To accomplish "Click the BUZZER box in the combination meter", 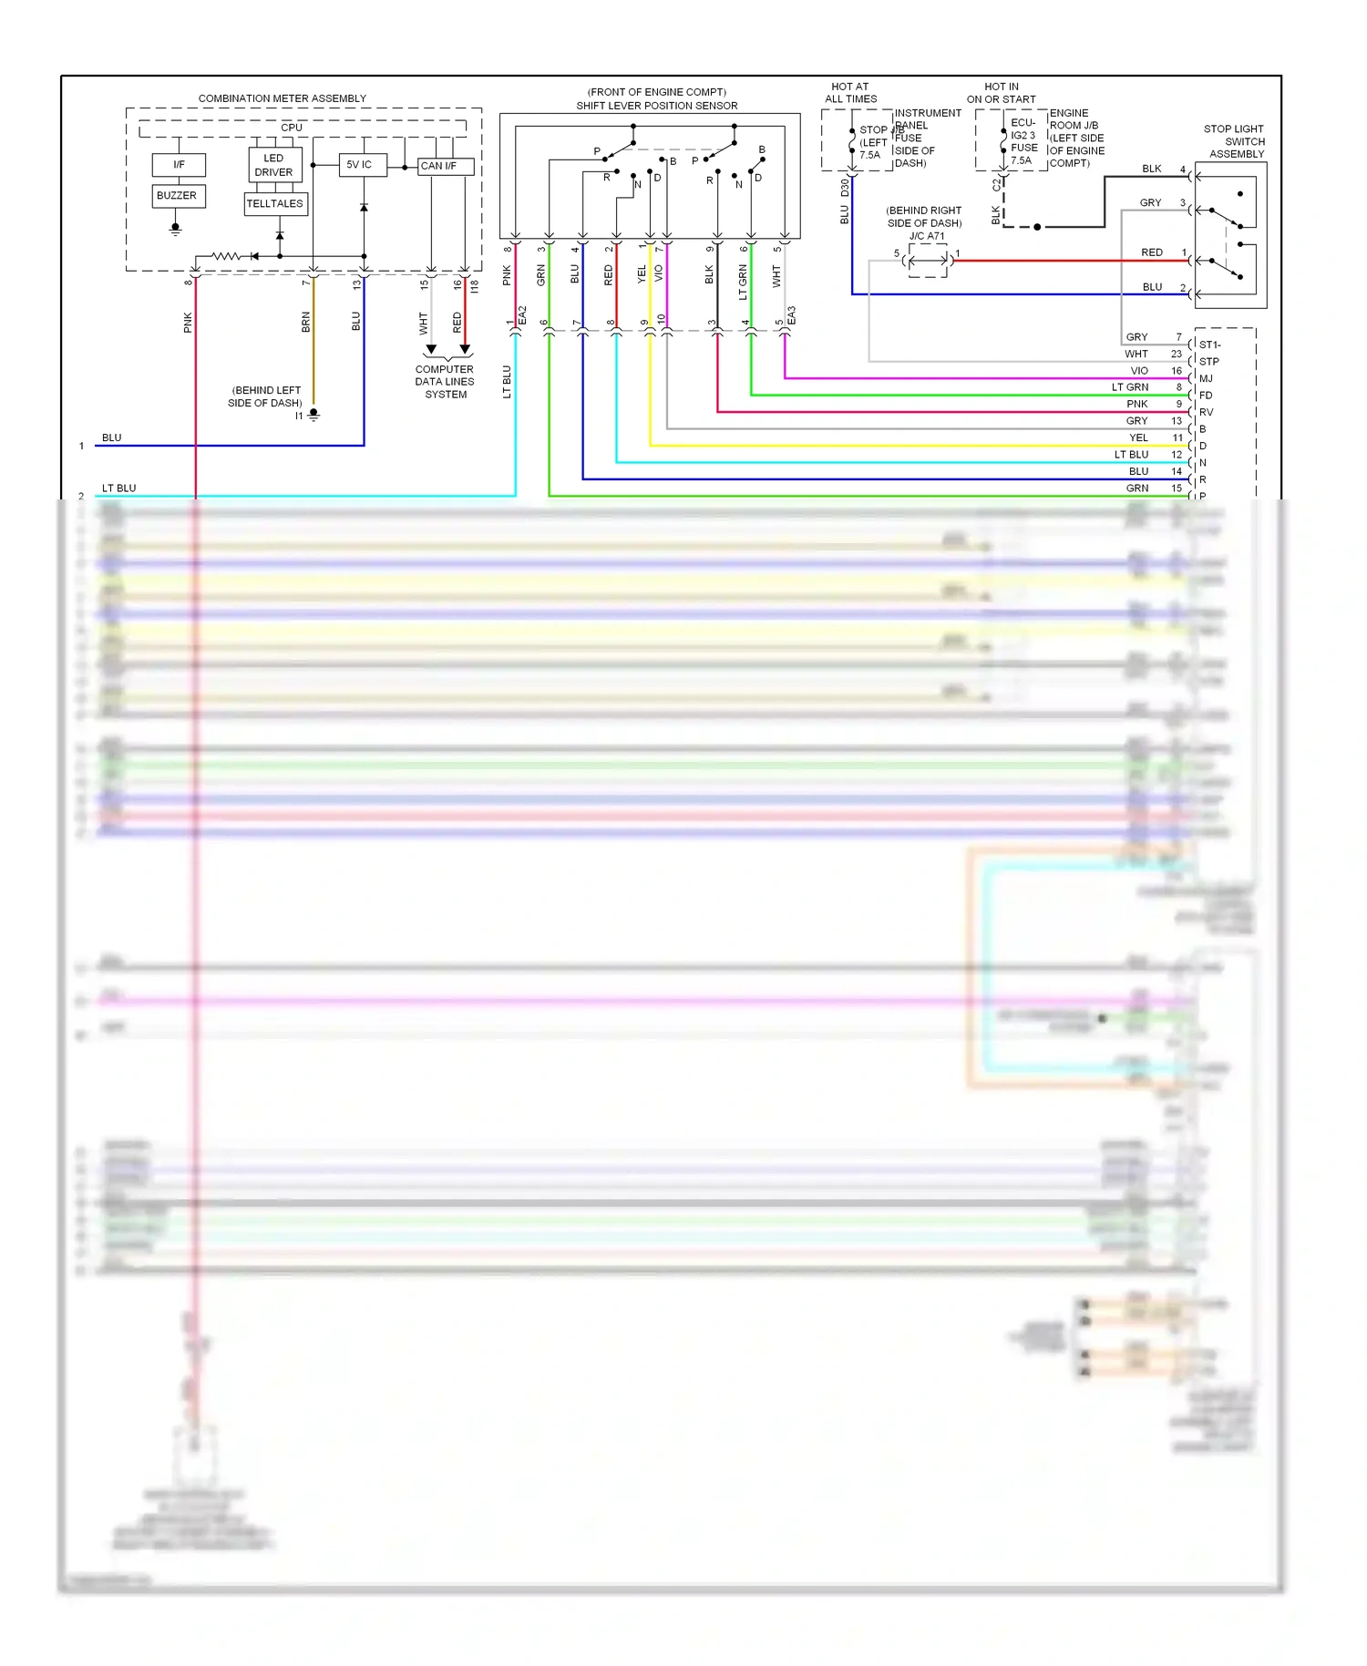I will [x=177, y=196].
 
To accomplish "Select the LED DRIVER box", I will [x=273, y=165].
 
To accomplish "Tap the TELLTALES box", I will [x=274, y=204].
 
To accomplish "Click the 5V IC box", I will [x=360, y=165].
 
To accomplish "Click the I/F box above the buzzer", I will [x=179, y=165].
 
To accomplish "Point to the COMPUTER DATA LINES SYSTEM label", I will [x=445, y=382].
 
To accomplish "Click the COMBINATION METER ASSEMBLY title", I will [x=283, y=98].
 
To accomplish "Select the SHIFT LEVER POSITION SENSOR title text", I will [x=656, y=106].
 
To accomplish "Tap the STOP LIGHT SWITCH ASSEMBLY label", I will [x=1235, y=141].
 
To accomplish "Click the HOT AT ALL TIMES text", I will [x=850, y=93].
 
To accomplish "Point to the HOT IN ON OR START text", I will [x=1001, y=93].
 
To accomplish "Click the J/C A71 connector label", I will [x=927, y=236].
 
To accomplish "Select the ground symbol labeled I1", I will [x=313, y=415].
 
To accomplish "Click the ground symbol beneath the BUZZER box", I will [x=176, y=229].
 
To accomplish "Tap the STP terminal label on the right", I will [x=1208, y=362].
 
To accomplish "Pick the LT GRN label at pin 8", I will [x=1130, y=387].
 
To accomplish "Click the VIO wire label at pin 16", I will [x=1139, y=371].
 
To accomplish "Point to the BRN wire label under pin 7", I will [x=306, y=322].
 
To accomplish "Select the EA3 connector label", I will [x=791, y=315].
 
